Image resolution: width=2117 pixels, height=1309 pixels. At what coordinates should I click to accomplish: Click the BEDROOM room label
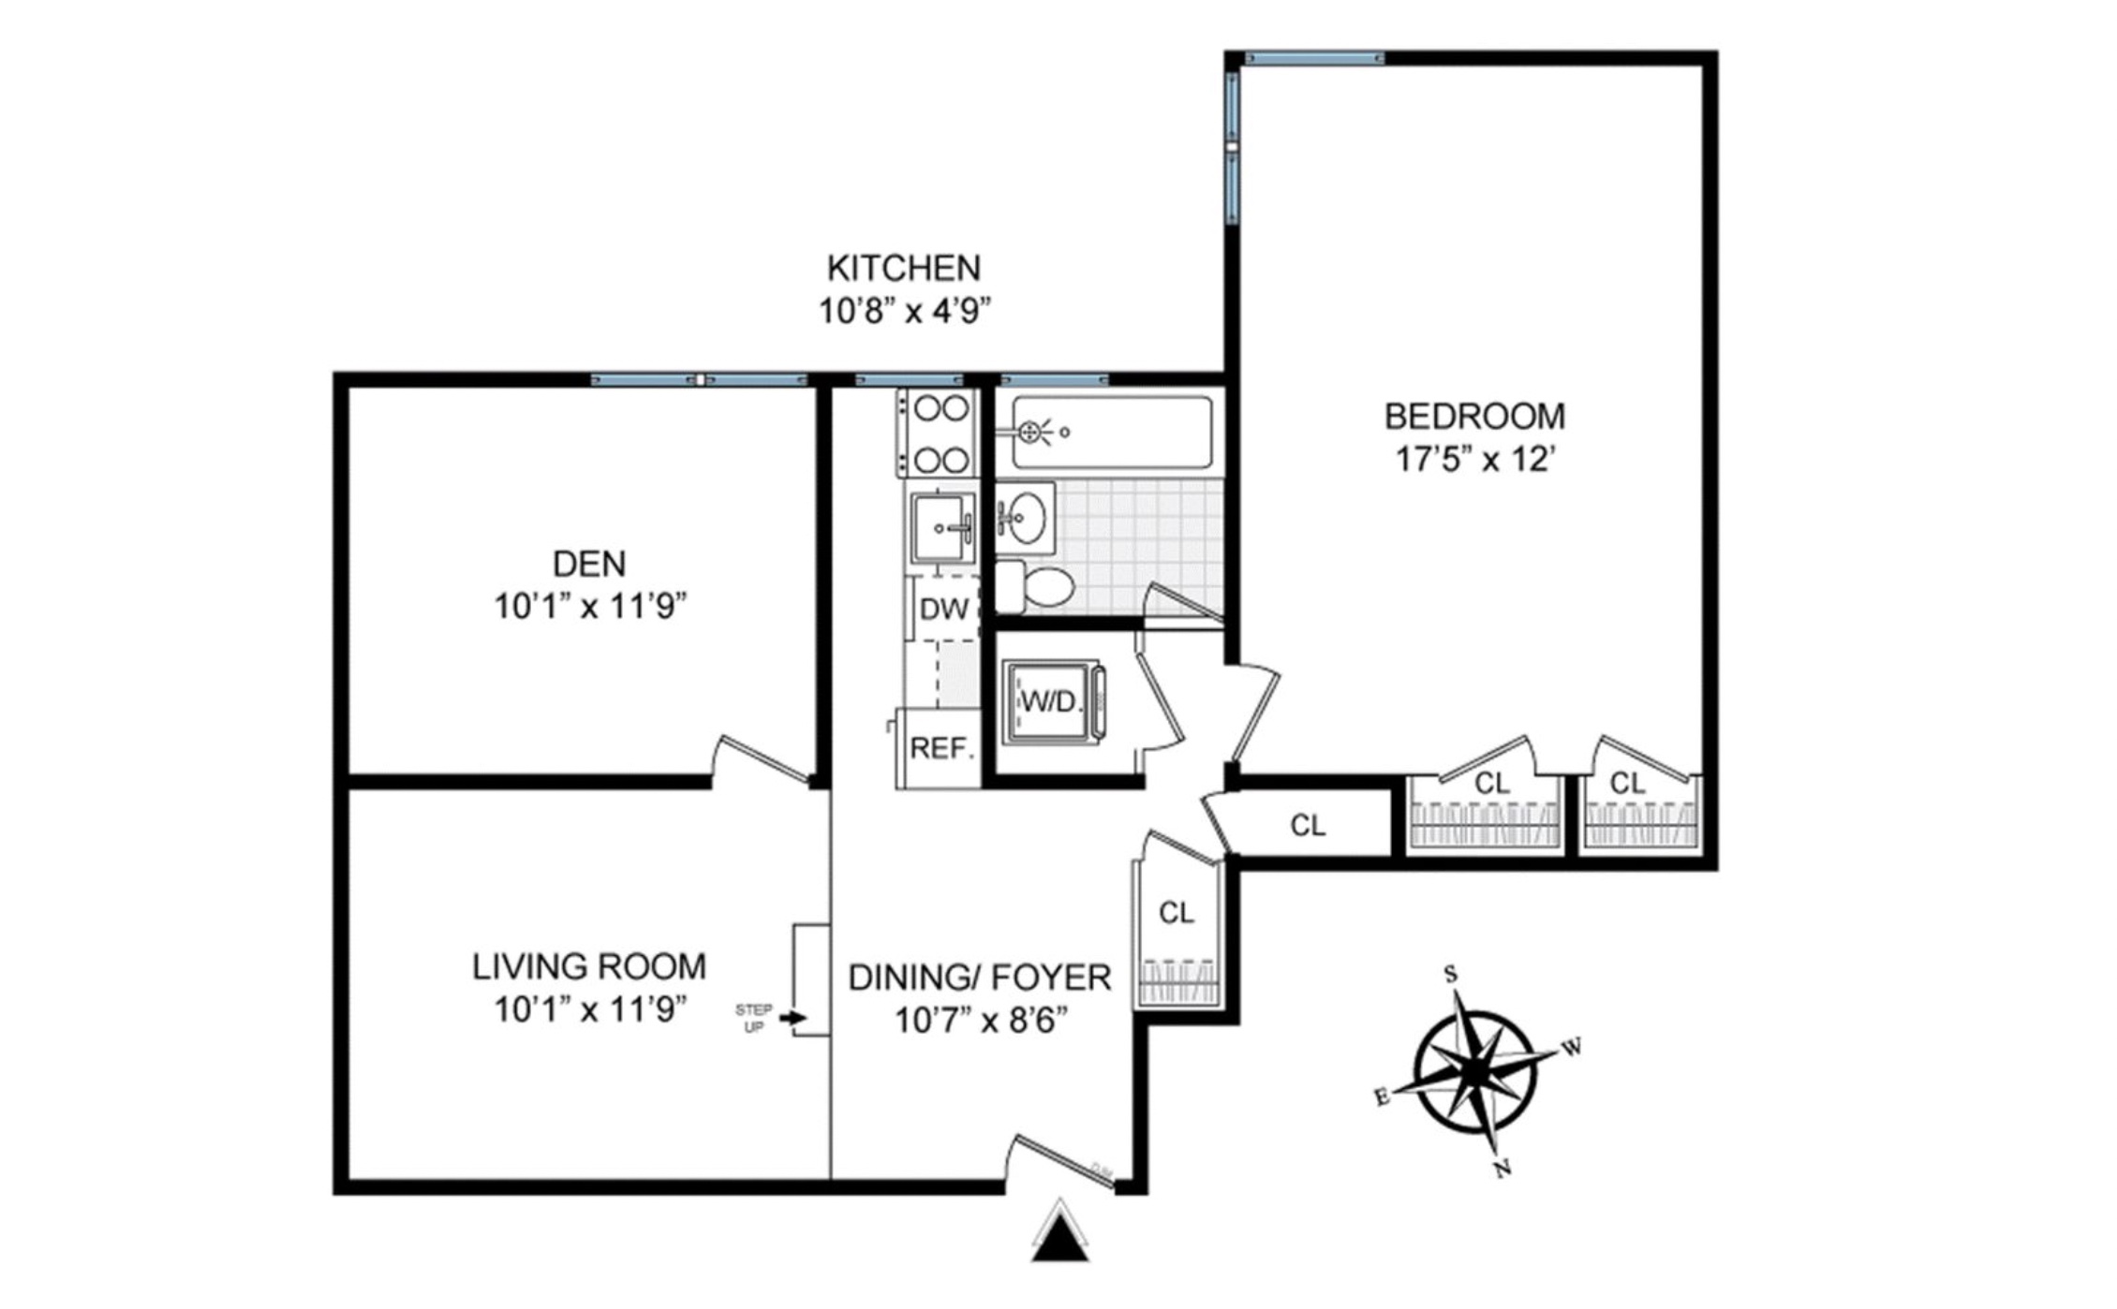[x=1474, y=416]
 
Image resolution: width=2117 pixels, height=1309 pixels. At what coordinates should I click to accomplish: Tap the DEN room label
[x=589, y=564]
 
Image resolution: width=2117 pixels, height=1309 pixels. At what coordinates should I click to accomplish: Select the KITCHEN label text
[x=903, y=269]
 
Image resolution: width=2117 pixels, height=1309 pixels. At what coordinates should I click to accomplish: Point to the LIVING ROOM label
[x=589, y=966]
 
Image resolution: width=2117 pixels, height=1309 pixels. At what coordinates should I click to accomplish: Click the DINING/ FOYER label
[x=980, y=978]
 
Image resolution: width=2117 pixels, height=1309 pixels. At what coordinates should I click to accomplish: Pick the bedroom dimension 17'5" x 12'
[x=1474, y=460]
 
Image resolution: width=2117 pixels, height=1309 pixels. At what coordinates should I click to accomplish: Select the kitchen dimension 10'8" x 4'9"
[x=904, y=311]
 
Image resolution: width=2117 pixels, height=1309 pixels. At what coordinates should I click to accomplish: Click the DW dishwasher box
[x=944, y=610]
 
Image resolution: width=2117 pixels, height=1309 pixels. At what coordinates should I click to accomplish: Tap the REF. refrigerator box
[x=940, y=748]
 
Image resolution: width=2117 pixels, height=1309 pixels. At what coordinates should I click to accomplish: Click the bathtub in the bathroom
[x=1112, y=433]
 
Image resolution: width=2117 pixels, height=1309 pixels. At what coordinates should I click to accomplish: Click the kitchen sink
[x=942, y=528]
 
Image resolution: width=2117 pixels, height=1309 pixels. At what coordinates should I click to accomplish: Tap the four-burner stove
[x=940, y=434]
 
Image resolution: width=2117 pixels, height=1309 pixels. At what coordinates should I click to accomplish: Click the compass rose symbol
[x=1475, y=1070]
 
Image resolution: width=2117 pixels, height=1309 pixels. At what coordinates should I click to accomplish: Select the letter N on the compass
[x=1503, y=1169]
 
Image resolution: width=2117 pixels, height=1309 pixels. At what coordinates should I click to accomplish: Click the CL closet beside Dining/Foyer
[x=1177, y=913]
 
